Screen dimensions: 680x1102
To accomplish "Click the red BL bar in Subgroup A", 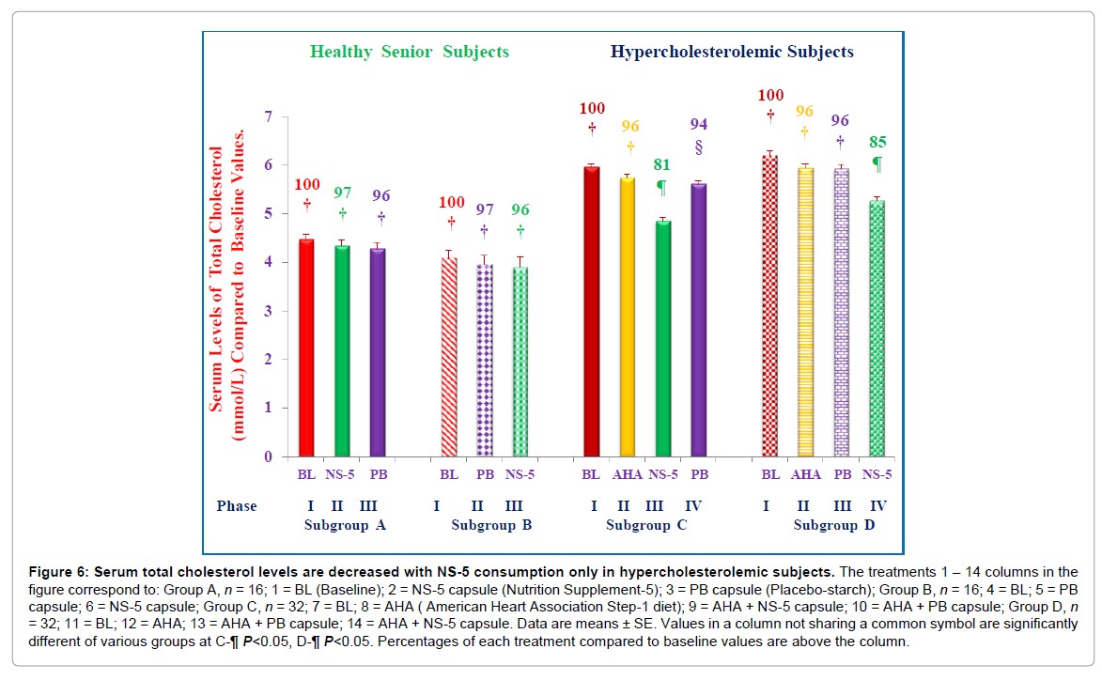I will (x=306, y=348).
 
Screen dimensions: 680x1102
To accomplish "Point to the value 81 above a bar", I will (x=663, y=164).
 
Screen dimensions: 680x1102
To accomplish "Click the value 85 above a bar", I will (x=877, y=143).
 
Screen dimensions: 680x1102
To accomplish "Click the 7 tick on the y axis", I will (x=268, y=117).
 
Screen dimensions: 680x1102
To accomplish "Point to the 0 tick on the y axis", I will (x=268, y=457).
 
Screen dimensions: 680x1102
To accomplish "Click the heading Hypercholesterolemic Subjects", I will (x=732, y=52).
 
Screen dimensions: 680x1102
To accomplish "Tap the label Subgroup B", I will (x=491, y=525).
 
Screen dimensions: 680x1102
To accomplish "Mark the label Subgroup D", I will (x=834, y=525).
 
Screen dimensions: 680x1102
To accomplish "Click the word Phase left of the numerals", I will (x=237, y=506).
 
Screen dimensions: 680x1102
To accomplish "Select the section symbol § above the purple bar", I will (x=698, y=147).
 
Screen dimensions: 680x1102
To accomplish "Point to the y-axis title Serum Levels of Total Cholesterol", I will (x=217, y=278).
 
